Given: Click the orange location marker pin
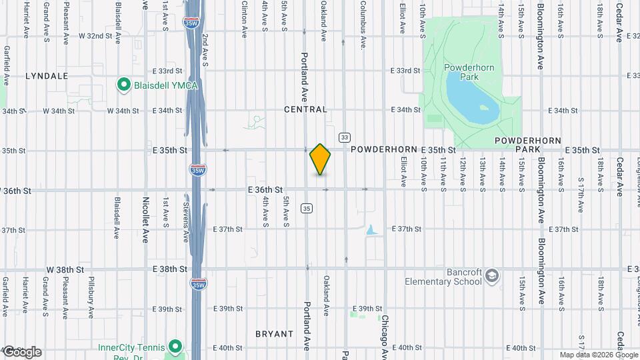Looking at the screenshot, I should pos(320,159).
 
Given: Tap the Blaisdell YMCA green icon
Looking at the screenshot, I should pos(123,85).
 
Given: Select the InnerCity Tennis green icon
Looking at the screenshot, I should pos(175,347).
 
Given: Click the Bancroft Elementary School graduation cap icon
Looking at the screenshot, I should pos(492,276).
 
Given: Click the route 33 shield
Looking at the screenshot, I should pos(344,137).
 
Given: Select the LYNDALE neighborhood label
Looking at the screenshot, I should pos(47,76).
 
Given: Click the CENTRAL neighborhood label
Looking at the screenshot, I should pos(305,109).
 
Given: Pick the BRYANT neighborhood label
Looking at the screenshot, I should pos(274,333).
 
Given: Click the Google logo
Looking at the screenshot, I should pos(22,352).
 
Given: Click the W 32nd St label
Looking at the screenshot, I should pos(94,35).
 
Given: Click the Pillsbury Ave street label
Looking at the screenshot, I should pos(91,297).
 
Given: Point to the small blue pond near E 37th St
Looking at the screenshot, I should pos(371,230).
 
